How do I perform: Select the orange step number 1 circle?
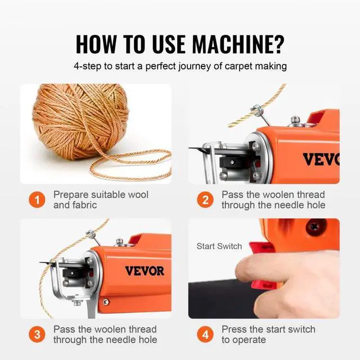[x=37, y=200]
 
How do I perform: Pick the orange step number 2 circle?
[x=205, y=200]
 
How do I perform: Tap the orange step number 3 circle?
[x=37, y=334]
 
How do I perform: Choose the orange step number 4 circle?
[x=205, y=334]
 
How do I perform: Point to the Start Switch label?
[x=219, y=246]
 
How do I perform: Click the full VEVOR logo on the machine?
[x=145, y=271]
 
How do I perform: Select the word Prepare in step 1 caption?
[x=71, y=195]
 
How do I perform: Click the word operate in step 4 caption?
[x=251, y=340]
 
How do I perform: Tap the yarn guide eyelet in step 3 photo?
[x=91, y=234]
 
